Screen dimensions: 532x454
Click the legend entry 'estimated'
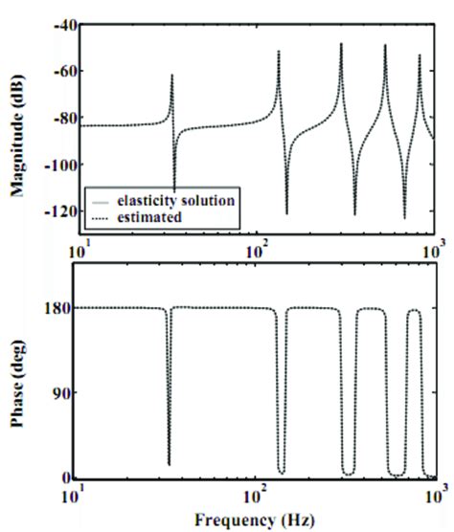[x=145, y=218]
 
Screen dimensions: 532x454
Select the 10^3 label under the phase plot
[x=432, y=497]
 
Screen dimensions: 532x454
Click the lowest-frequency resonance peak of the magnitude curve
[x=172, y=75]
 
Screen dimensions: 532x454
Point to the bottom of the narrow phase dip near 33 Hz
[x=170, y=465]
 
